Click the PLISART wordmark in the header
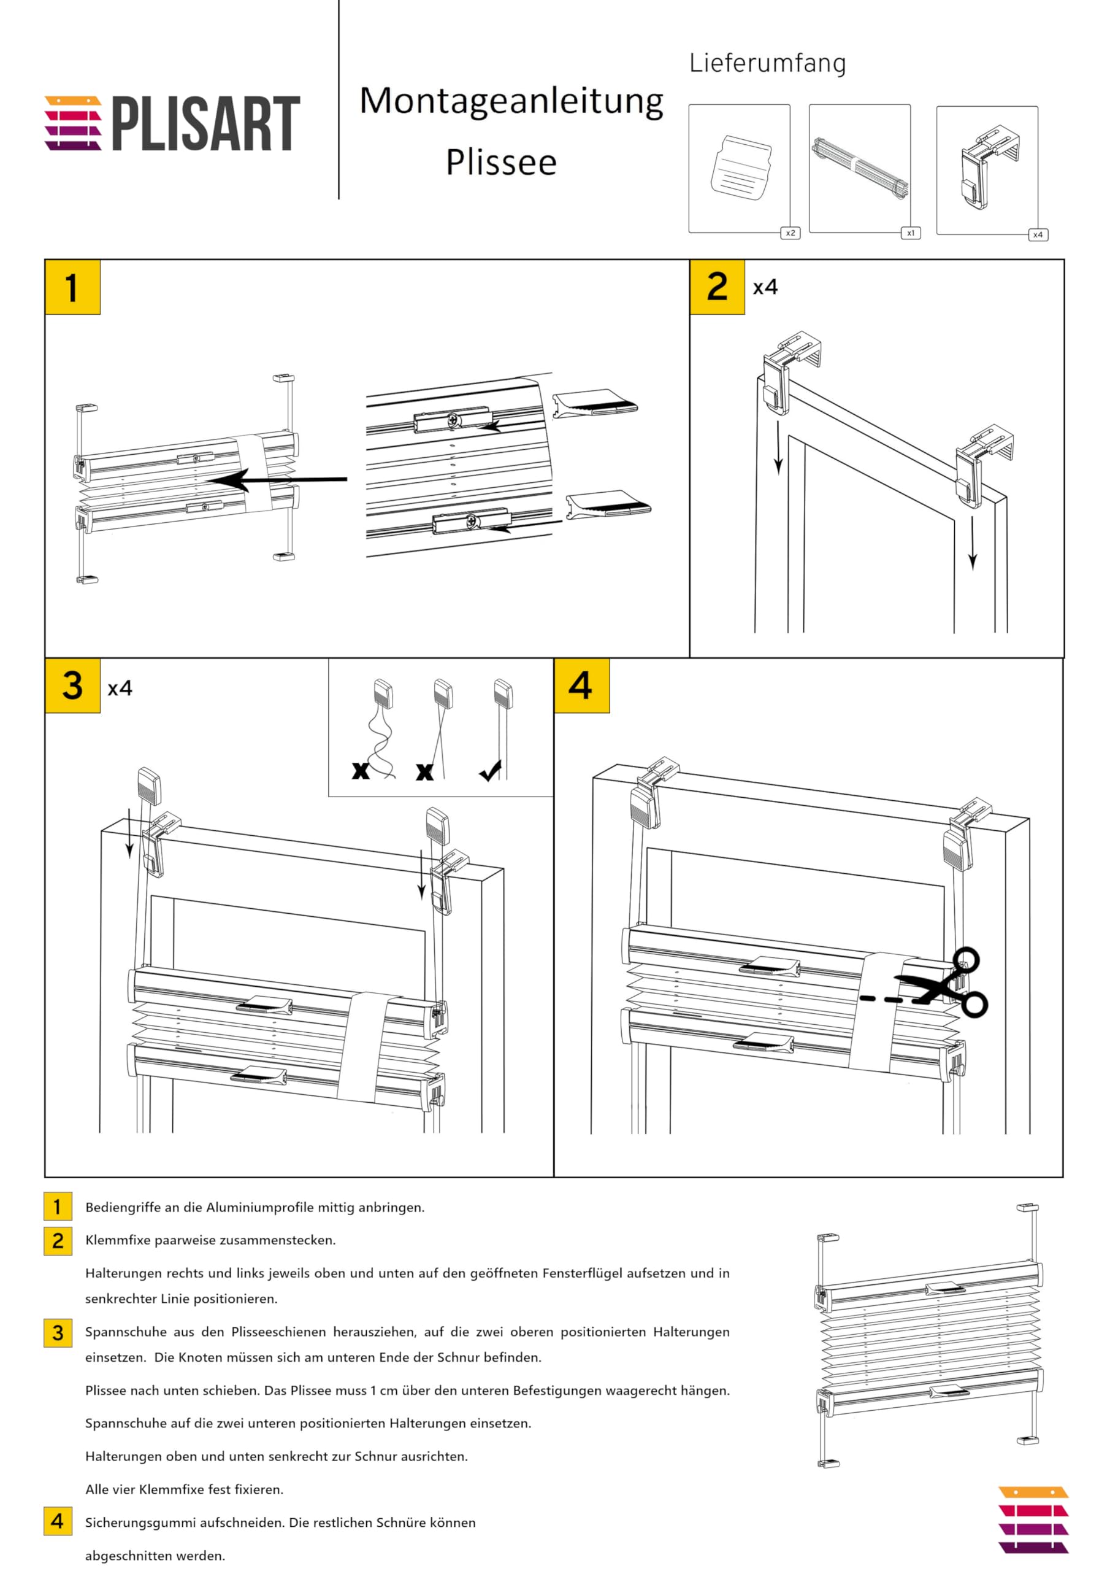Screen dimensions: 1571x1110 (x=205, y=123)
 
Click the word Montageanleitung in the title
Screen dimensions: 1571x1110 (x=511, y=101)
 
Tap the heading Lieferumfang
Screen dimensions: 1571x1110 (x=767, y=63)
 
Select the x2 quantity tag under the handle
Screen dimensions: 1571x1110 (x=790, y=233)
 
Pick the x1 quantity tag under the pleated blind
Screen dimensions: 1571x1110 (x=910, y=233)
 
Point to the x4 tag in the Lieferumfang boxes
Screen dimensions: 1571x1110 (x=1038, y=234)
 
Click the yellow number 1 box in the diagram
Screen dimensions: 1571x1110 (x=72, y=287)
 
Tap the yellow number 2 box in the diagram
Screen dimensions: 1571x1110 (x=717, y=287)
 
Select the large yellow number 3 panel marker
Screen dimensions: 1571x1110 (x=72, y=685)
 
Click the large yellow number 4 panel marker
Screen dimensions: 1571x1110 (x=581, y=685)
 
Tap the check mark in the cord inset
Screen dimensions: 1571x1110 (x=491, y=771)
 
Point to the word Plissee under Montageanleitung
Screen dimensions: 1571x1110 (x=501, y=163)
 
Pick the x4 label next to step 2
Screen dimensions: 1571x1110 (x=765, y=287)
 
